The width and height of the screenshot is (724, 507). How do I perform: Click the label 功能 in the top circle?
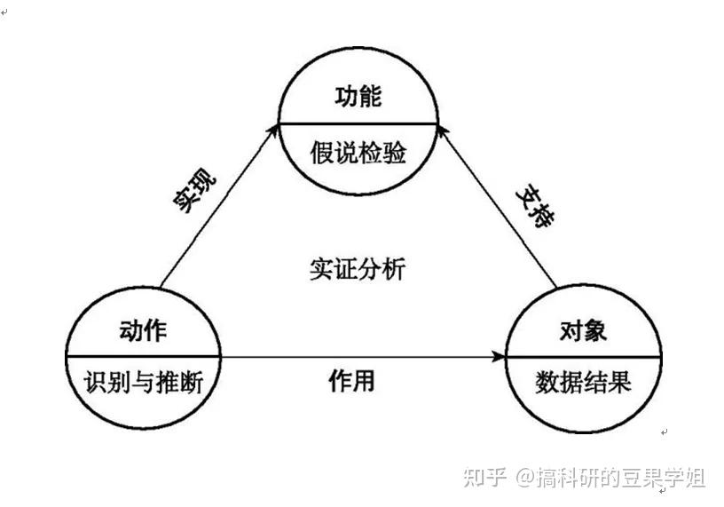pyautogui.click(x=358, y=97)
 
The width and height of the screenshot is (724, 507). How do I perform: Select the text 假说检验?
pyautogui.click(x=358, y=154)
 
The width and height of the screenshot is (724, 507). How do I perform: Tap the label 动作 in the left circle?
pyautogui.click(x=143, y=331)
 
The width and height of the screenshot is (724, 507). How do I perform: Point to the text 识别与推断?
pyautogui.click(x=143, y=384)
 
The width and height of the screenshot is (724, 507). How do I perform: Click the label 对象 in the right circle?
pyautogui.click(x=583, y=331)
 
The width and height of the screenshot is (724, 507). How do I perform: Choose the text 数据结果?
pyautogui.click(x=583, y=384)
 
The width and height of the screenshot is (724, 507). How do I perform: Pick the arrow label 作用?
pyautogui.click(x=351, y=382)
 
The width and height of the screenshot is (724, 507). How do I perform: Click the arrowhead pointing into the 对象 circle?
pyautogui.click(x=499, y=357)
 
